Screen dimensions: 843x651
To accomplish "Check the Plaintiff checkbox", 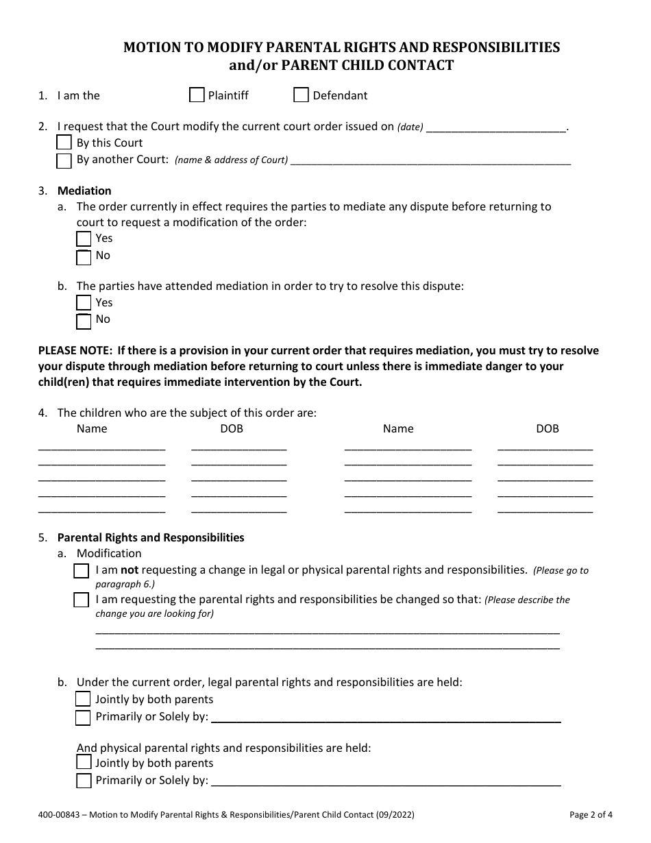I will pyautogui.click(x=197, y=95).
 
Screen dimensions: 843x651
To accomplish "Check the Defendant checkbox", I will pyautogui.click(x=301, y=95).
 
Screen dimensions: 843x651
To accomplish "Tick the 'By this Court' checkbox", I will pyautogui.click(x=64, y=143).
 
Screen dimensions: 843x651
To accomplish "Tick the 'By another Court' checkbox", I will pyautogui.click(x=64, y=160).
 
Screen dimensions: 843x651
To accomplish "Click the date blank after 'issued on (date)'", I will pyautogui.click(x=496, y=127).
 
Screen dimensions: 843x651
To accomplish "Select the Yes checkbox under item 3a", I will pyautogui.click(x=84, y=239).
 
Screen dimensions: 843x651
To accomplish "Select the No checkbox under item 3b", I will pyautogui.click(x=84, y=320).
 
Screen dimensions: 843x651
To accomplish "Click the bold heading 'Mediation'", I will pyautogui.click(x=84, y=191).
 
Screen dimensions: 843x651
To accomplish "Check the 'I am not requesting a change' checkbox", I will pyautogui.click(x=82, y=571).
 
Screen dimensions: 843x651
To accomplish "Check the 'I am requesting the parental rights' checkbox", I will pyautogui.click(x=82, y=600).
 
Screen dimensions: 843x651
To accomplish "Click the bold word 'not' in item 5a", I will pyautogui.click(x=130, y=570).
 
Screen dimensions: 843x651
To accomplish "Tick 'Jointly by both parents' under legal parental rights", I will pyautogui.click(x=83, y=699).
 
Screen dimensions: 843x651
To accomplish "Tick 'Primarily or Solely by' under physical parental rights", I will pyautogui.click(x=84, y=781).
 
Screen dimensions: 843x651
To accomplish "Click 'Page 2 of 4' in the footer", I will pyautogui.click(x=591, y=815).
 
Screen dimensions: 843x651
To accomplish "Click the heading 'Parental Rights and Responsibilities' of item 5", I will pyautogui.click(x=151, y=537).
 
